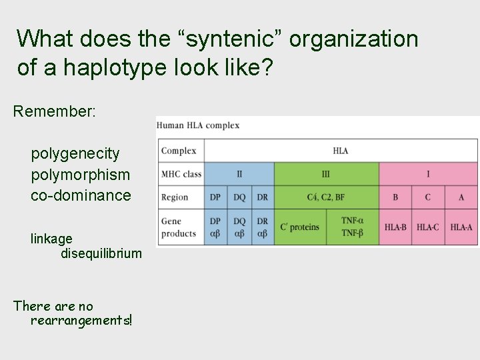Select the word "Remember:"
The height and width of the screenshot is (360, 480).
(55, 111)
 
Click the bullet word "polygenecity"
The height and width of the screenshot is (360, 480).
(75, 154)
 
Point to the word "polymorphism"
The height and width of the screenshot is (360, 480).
(81, 175)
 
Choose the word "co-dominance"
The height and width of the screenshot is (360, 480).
(81, 195)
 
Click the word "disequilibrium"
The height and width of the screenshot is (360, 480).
(101, 253)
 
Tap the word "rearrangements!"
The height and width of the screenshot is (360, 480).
(81, 321)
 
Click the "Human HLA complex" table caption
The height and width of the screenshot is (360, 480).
(198, 125)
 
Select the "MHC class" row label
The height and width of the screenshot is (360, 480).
(181, 174)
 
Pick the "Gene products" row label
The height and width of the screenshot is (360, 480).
(179, 227)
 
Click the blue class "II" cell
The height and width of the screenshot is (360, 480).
(239, 174)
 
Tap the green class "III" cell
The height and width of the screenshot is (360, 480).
(326, 174)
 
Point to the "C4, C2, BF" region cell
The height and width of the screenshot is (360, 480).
(326, 197)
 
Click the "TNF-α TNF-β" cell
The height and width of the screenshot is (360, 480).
(352, 227)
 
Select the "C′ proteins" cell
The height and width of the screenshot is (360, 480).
(300, 227)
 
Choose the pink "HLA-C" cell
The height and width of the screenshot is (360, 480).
(428, 227)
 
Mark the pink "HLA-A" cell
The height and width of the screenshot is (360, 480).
(461, 227)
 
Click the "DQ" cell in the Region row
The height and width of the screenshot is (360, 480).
(239, 197)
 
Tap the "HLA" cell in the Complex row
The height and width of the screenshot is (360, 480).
(341, 151)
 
